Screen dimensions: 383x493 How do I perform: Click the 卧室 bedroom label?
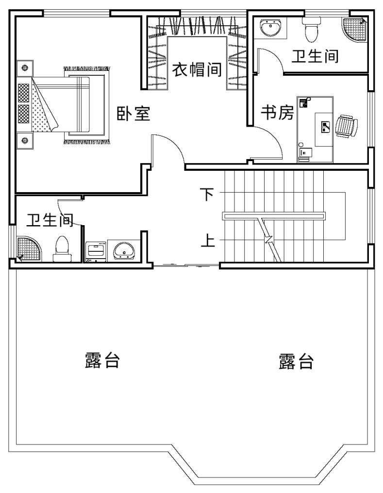coord(133,114)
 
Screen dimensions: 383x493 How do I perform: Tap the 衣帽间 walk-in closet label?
coord(197,69)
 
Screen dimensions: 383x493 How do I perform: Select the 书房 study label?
coord(277,112)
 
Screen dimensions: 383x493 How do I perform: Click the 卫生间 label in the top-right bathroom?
coord(315,56)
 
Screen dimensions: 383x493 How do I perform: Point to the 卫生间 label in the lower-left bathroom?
coord(50,220)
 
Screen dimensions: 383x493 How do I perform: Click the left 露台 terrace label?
coord(102,360)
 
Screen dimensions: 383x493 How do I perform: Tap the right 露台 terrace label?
coord(296,362)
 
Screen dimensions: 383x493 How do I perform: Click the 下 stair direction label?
coord(207,194)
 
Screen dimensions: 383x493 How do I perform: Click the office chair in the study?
coord(347,126)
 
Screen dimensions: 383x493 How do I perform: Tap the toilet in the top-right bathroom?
coord(311,30)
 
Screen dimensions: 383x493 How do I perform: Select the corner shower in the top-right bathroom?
coord(355,29)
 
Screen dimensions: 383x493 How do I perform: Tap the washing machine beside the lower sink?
coord(96,251)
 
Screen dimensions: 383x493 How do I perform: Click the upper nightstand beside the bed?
coord(25,67)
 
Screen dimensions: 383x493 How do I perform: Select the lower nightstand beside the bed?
coord(25,140)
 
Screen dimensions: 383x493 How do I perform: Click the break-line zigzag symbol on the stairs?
coord(269,240)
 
